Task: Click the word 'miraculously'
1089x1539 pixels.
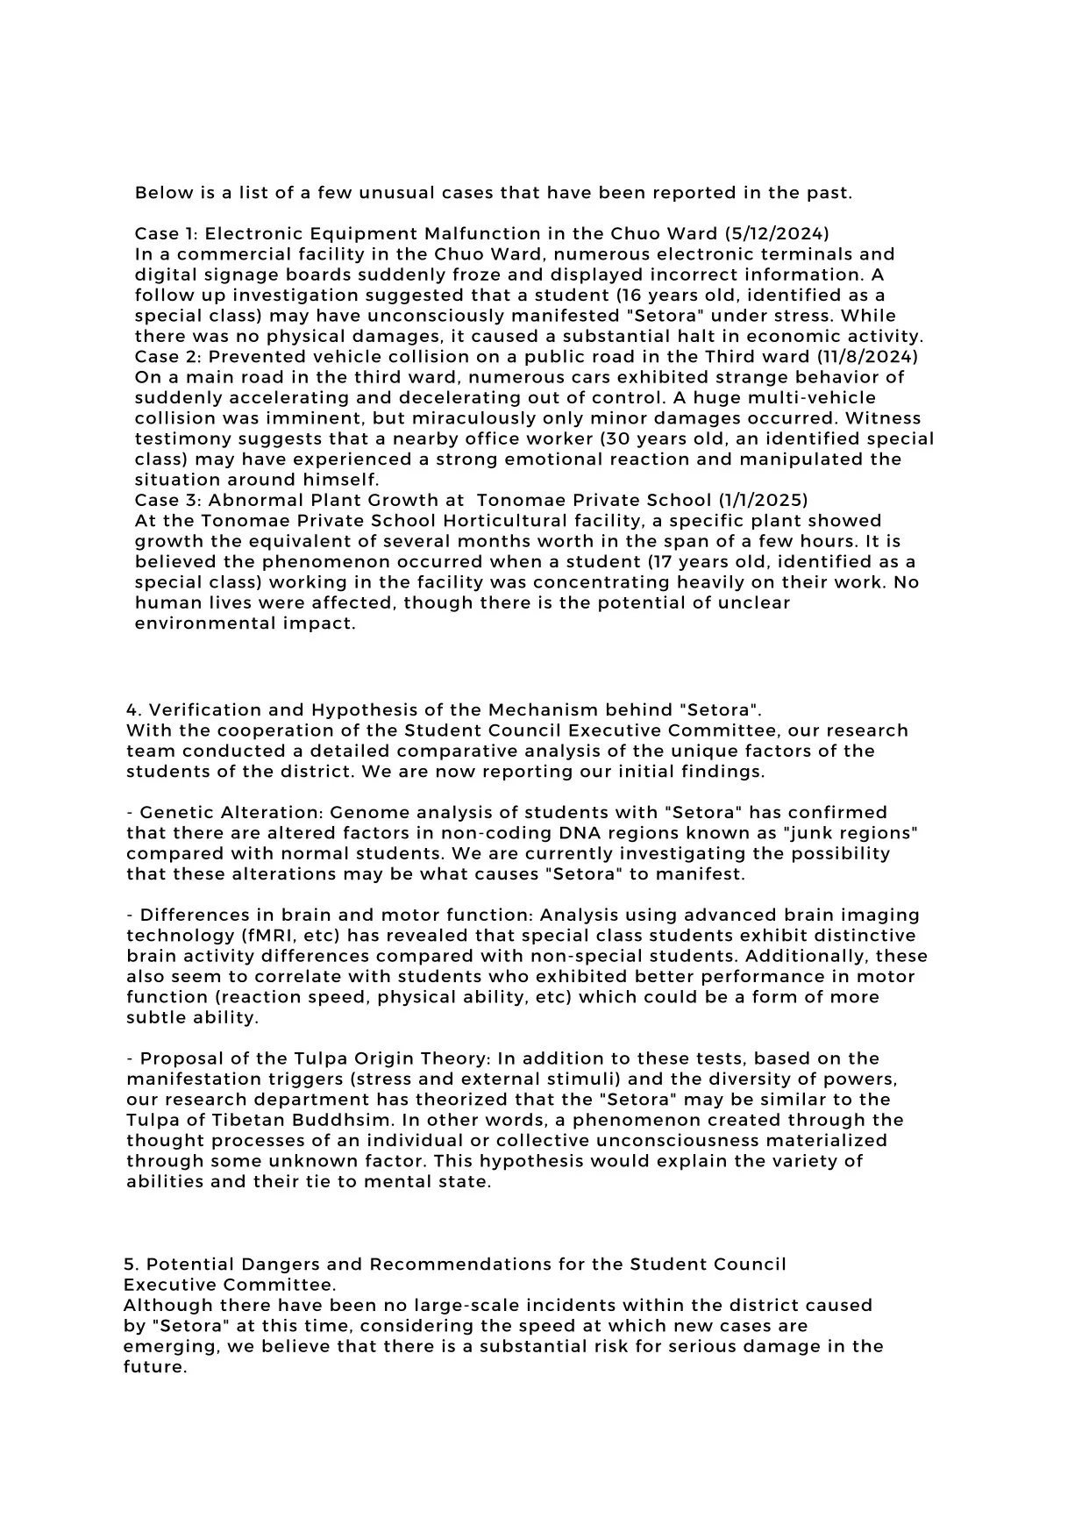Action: coord(478,419)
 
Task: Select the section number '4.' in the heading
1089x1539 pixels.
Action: coord(133,710)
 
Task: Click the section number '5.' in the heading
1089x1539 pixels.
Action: coord(131,1265)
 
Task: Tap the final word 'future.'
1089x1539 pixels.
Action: coord(155,1367)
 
